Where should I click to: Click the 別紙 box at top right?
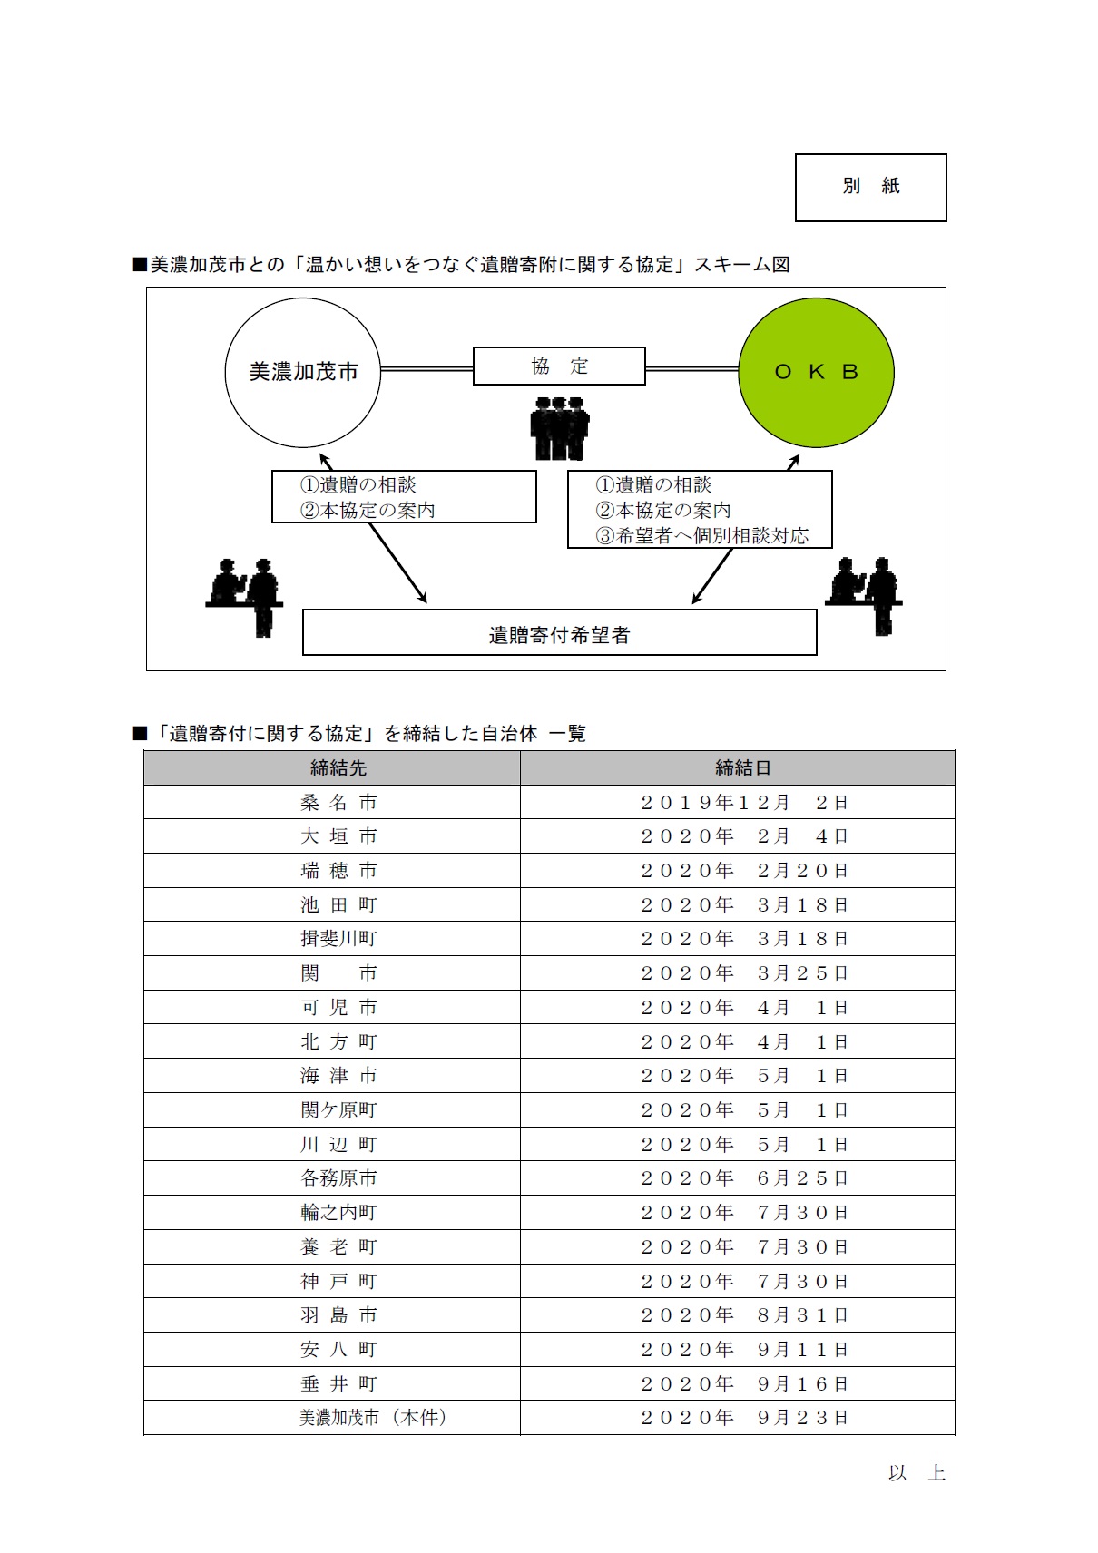point(870,187)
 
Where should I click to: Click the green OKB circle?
point(816,372)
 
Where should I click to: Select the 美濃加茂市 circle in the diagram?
point(303,372)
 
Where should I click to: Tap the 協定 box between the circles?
point(559,366)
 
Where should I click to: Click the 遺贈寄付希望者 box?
point(559,633)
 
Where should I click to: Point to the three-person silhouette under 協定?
point(560,426)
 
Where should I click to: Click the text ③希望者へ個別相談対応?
point(701,536)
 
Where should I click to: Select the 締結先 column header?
point(338,768)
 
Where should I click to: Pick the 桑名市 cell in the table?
point(338,803)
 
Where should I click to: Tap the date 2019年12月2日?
point(744,803)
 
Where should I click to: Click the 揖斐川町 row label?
point(338,939)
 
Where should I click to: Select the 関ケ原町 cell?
point(338,1110)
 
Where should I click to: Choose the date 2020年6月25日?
point(744,1178)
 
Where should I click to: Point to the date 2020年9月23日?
point(744,1418)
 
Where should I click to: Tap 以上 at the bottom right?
point(917,1473)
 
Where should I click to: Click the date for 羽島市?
point(744,1315)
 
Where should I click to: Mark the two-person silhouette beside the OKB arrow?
point(863,593)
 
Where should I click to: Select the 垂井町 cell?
point(338,1384)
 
